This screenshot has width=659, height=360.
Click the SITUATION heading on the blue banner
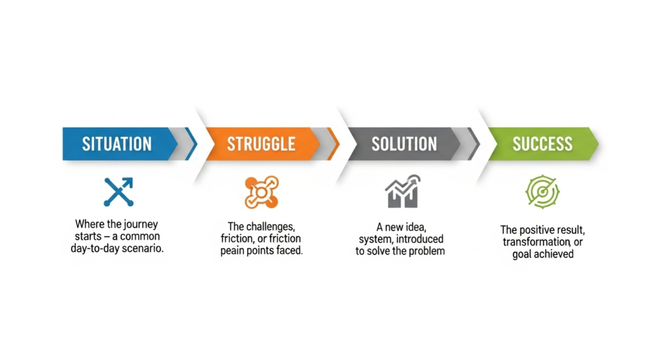pos(117,144)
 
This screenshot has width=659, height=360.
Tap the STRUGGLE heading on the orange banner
pos(261,144)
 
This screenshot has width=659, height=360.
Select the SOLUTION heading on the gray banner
pos(404,144)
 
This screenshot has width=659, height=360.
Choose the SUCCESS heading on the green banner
pos(542,144)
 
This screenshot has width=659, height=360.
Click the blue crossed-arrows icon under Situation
pos(118,192)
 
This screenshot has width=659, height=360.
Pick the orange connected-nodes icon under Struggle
pos(261,192)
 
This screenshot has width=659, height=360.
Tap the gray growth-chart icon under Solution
pos(403,192)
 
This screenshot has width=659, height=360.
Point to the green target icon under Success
pos(543,192)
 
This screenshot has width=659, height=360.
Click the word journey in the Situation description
pos(142,225)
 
